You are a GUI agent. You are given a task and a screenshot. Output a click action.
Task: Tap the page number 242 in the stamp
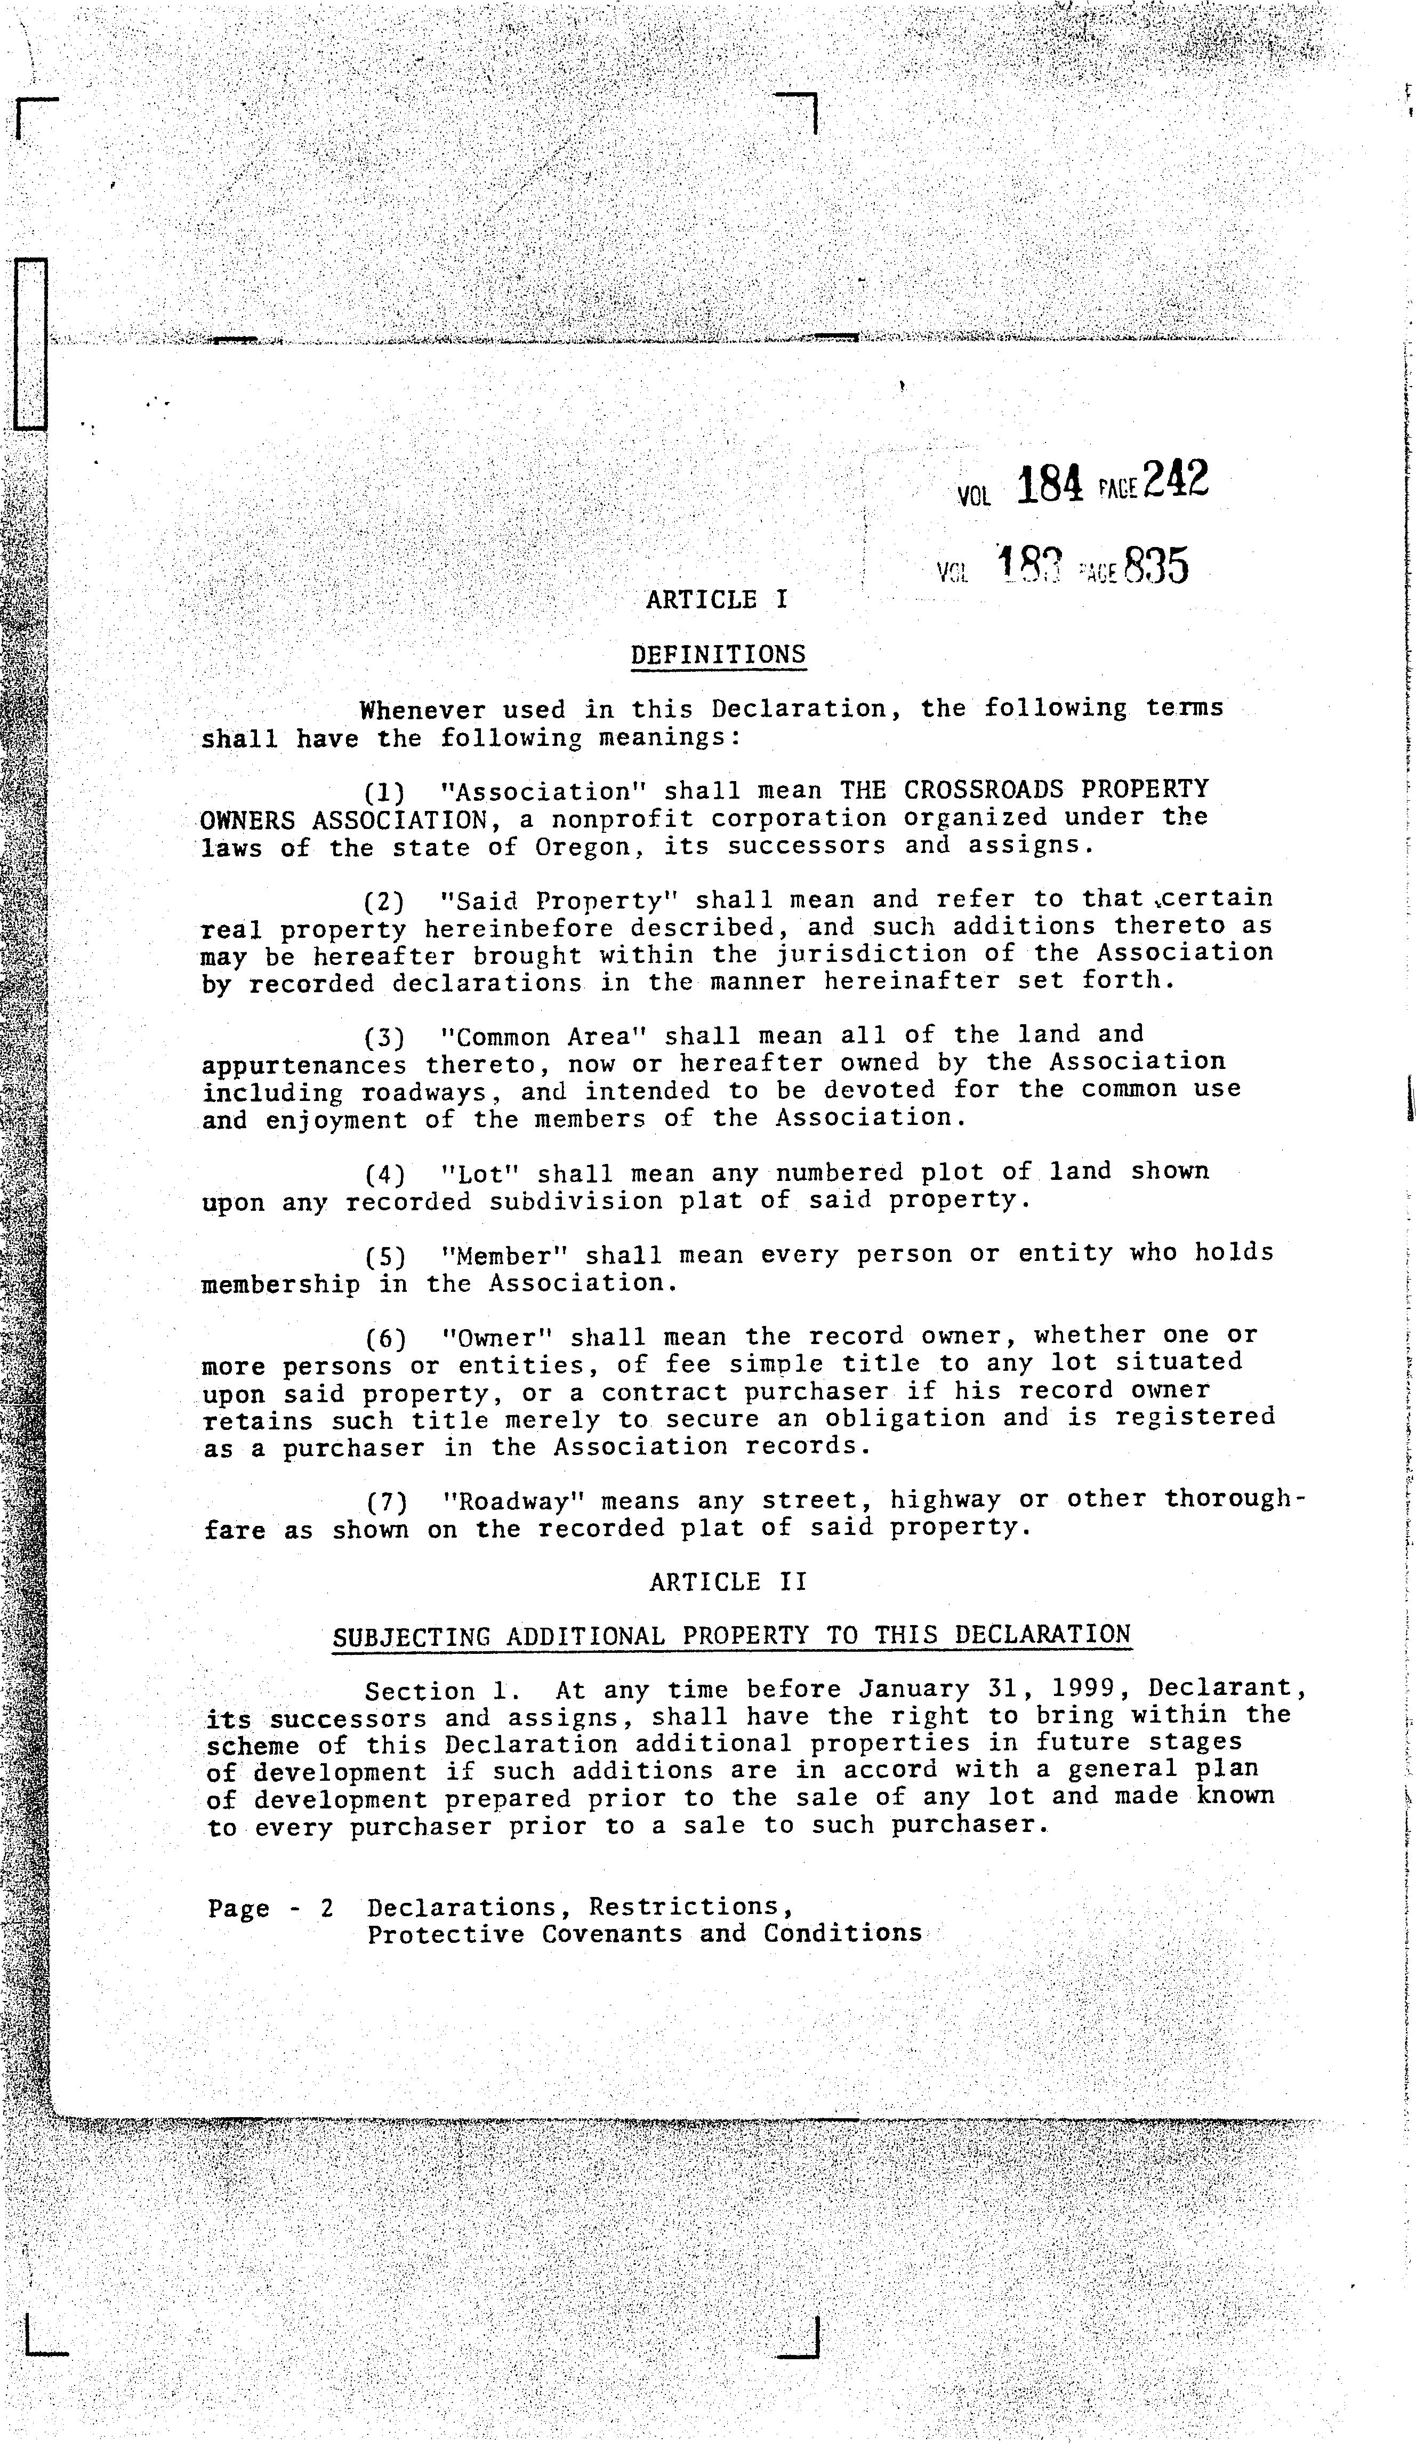tap(1176, 479)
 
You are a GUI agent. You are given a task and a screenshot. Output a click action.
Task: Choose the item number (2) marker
tap(384, 902)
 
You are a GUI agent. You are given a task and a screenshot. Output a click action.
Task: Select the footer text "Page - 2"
tap(271, 1909)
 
